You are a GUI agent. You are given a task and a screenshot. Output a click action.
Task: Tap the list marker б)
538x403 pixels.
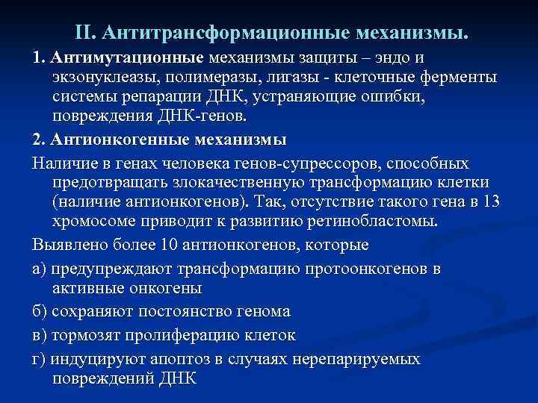(x=40, y=310)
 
